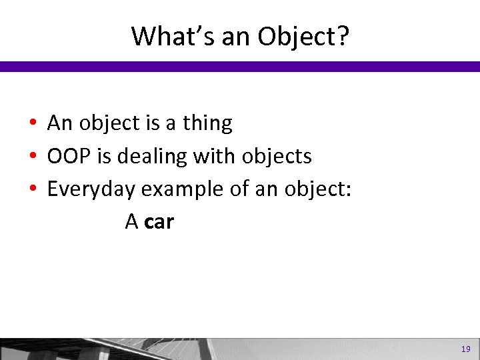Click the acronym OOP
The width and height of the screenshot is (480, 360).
[67, 157]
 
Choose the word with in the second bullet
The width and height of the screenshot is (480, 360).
[210, 156]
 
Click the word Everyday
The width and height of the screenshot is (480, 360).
[91, 190]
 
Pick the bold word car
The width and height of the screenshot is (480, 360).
[159, 222]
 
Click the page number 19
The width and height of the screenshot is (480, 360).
[465, 349]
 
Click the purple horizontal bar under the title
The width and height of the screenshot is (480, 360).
[240, 67]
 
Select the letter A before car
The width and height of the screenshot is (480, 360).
[131, 222]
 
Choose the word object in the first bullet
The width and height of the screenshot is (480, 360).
[112, 124]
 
